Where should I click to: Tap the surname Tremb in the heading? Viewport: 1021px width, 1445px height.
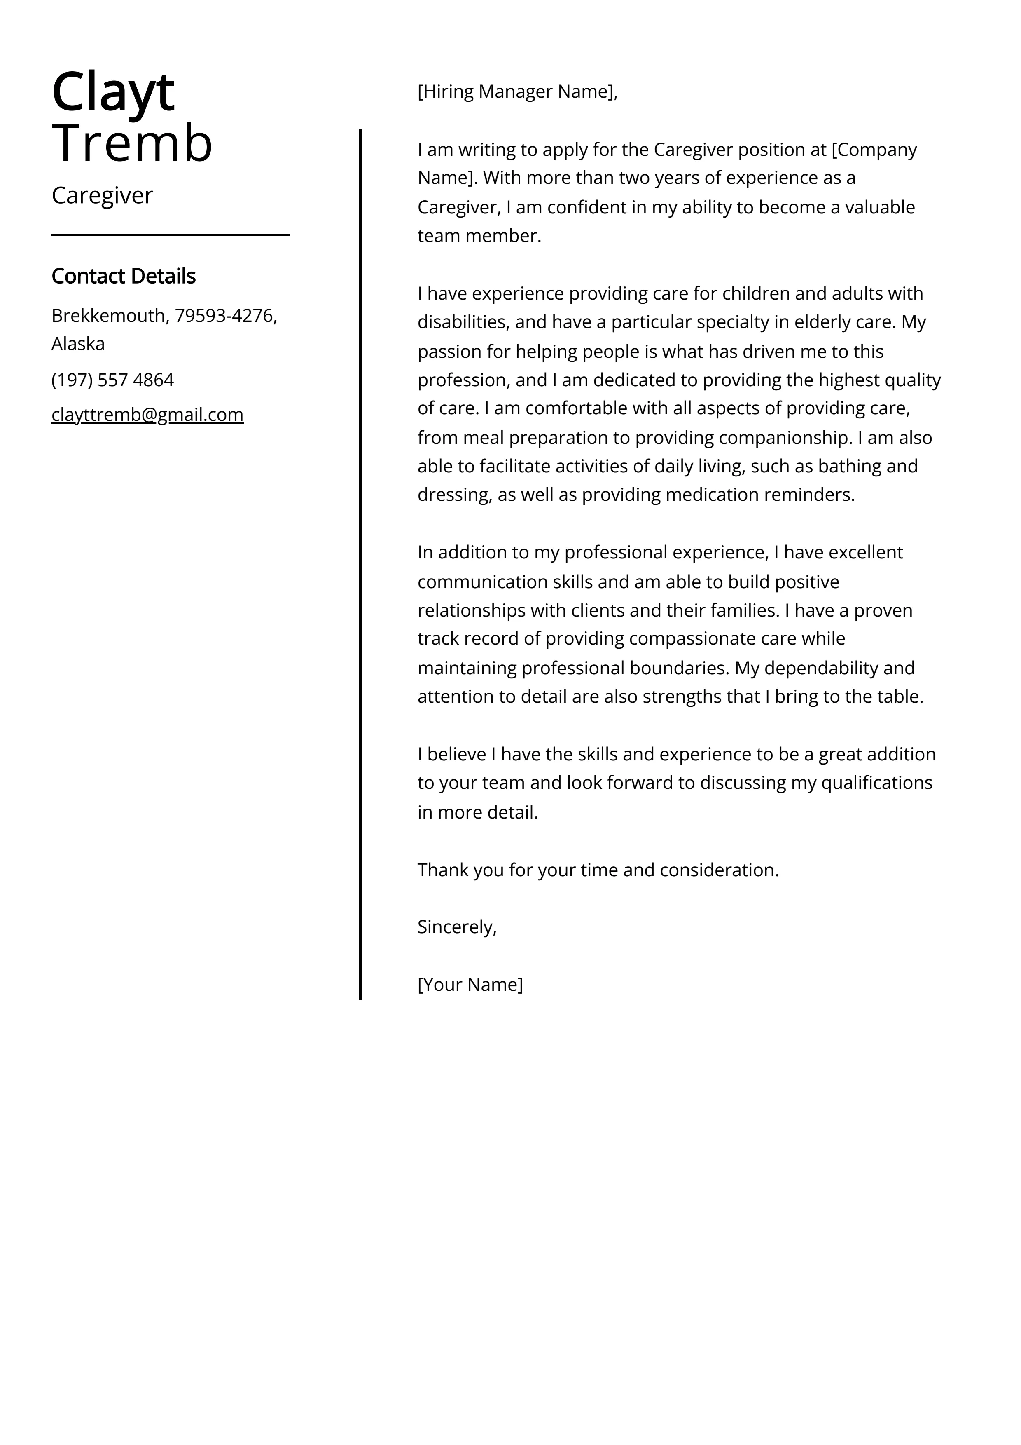pyautogui.click(x=132, y=143)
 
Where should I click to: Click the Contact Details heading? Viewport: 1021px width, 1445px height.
pyautogui.click(x=123, y=276)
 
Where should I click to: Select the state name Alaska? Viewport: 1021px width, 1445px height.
pyautogui.click(x=78, y=344)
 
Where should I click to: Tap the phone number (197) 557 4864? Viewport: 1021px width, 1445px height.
pyautogui.click(x=112, y=380)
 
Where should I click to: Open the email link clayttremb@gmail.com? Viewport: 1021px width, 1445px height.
pyautogui.click(x=147, y=415)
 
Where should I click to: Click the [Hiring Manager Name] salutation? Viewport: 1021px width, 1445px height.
pyautogui.click(x=517, y=92)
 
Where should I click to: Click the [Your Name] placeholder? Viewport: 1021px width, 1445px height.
pyautogui.click(x=470, y=984)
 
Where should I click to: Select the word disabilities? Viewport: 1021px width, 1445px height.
pyautogui.click(x=464, y=322)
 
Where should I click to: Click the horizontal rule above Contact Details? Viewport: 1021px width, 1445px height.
pyautogui.click(x=170, y=235)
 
